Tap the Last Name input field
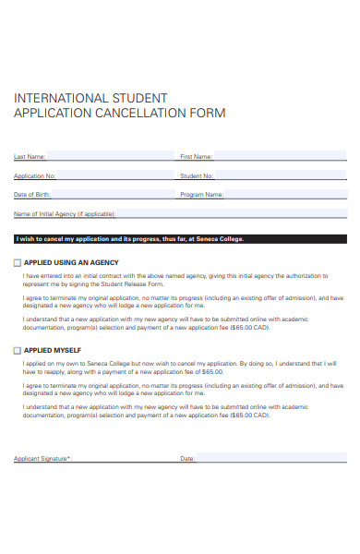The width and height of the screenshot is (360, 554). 110,156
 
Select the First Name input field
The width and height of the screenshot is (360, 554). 281,156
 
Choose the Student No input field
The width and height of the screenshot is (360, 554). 281,175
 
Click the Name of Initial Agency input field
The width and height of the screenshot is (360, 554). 231,214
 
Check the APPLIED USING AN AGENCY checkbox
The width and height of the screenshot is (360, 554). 17,262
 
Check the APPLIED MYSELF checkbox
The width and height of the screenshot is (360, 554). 17,351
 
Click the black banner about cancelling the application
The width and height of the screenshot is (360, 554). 180,239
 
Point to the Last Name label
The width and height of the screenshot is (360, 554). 30,157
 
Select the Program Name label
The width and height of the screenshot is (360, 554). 201,196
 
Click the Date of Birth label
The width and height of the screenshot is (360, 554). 32,196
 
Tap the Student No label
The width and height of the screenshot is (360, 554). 197,176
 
